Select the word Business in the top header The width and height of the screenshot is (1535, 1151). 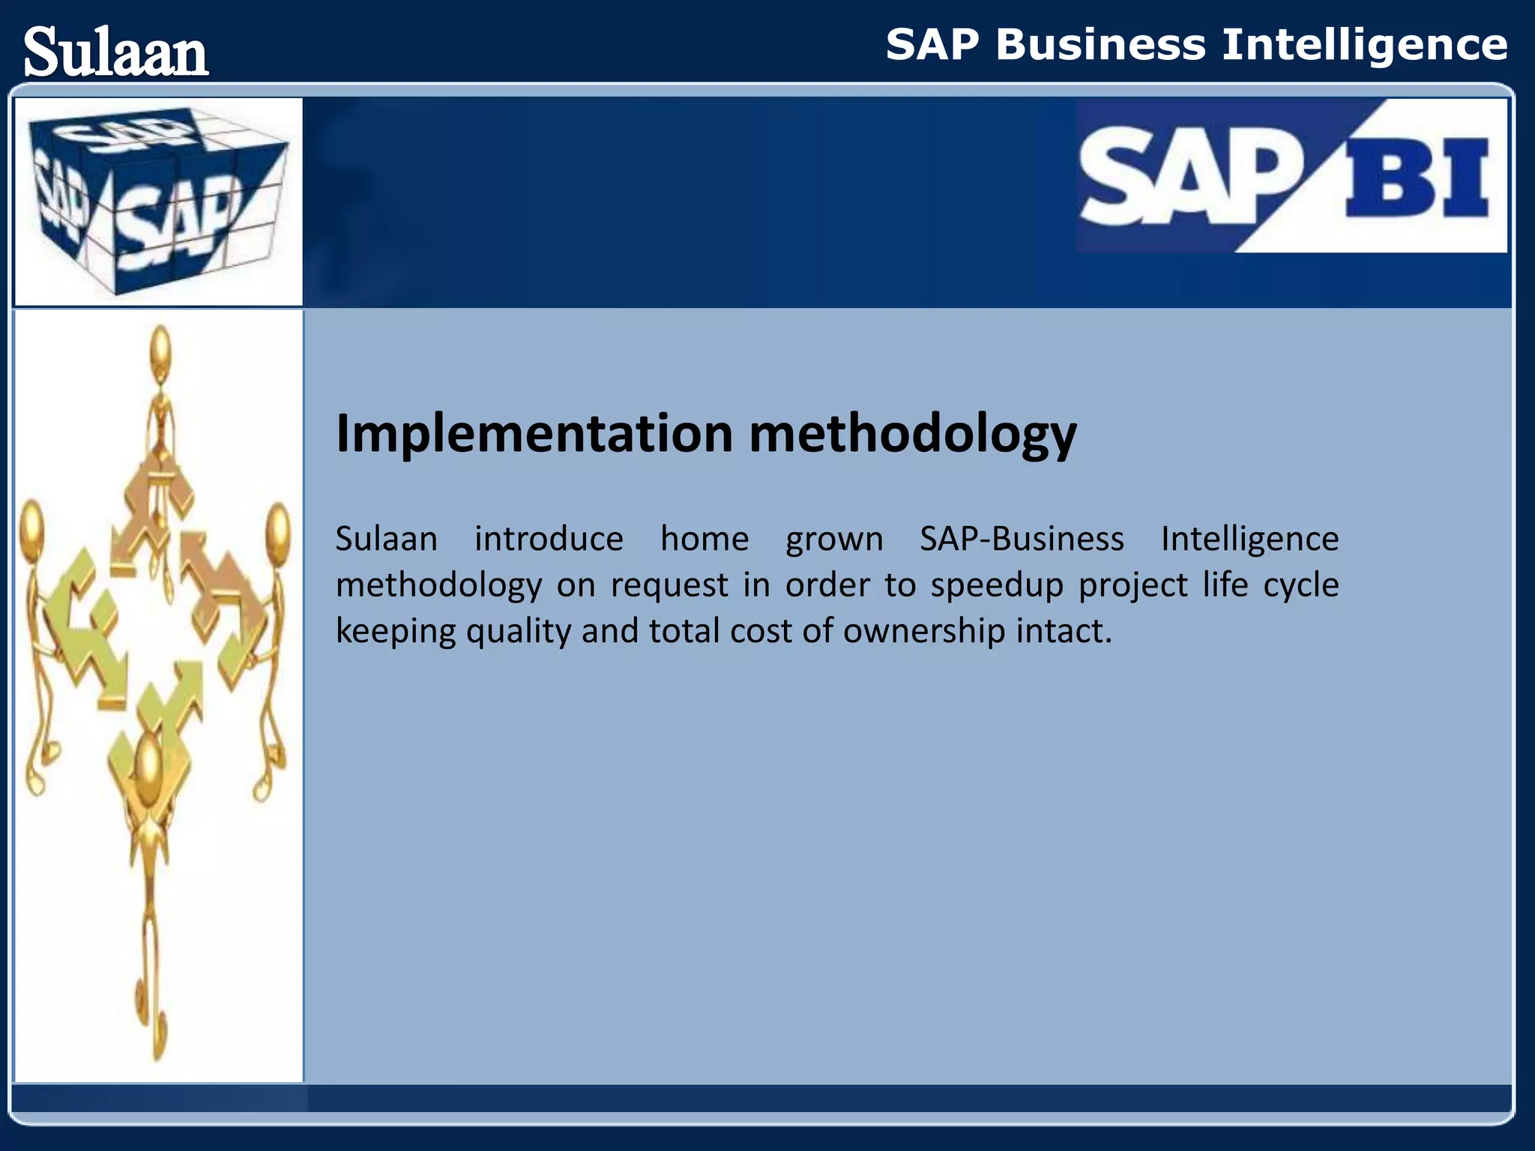(x=1100, y=45)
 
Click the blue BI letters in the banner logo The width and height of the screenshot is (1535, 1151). (x=1417, y=178)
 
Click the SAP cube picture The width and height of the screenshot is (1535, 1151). (x=159, y=201)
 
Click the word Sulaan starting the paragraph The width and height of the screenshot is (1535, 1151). (x=386, y=540)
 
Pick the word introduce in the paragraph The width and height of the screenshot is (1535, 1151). (x=549, y=540)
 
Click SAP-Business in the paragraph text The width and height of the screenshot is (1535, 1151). (x=1022, y=540)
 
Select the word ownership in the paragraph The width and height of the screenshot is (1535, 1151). (x=923, y=632)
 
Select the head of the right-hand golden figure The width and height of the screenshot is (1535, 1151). (x=278, y=528)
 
